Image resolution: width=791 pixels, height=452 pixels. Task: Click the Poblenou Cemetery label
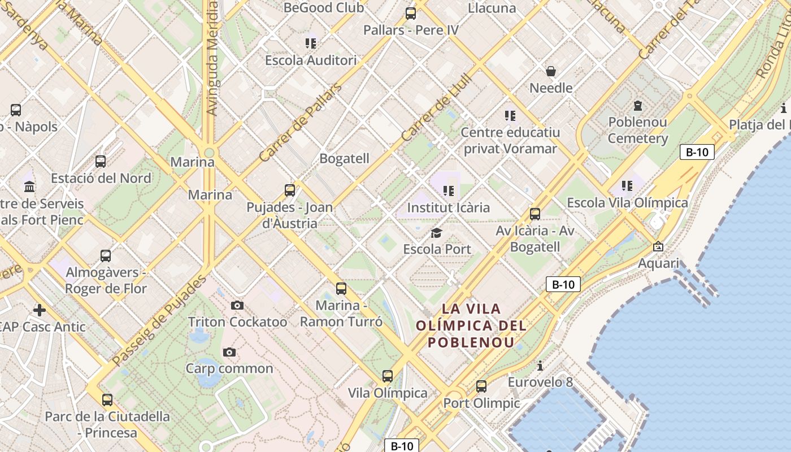pos(637,130)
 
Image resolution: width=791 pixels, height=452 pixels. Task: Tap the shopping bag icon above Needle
pos(551,71)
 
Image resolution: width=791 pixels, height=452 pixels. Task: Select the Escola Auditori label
pos(311,60)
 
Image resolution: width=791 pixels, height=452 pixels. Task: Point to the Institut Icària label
pos(449,207)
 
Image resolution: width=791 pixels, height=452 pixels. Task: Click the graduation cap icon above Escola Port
pos(436,233)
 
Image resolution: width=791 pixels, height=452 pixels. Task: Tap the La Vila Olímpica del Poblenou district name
pos(471,325)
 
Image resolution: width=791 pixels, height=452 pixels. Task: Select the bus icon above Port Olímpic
pos(481,386)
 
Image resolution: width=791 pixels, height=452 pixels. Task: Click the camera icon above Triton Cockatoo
pos(237,306)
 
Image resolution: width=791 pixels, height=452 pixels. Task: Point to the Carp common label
pos(229,368)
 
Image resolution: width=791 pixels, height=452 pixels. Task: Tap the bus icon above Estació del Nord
pos(101,162)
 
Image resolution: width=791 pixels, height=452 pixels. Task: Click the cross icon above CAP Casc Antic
pos(40,310)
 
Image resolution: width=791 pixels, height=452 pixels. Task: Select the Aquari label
pos(658,263)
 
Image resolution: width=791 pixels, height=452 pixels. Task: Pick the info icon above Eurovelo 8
pos(540,366)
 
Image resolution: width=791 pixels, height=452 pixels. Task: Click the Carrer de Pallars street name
pos(301,123)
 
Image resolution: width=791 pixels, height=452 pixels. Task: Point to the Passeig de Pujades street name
pos(159,320)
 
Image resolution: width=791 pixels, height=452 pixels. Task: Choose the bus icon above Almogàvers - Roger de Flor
pos(106,255)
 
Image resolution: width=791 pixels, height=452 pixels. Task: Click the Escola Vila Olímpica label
pos(627,203)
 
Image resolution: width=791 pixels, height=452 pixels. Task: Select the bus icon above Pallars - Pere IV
pos(411,14)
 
